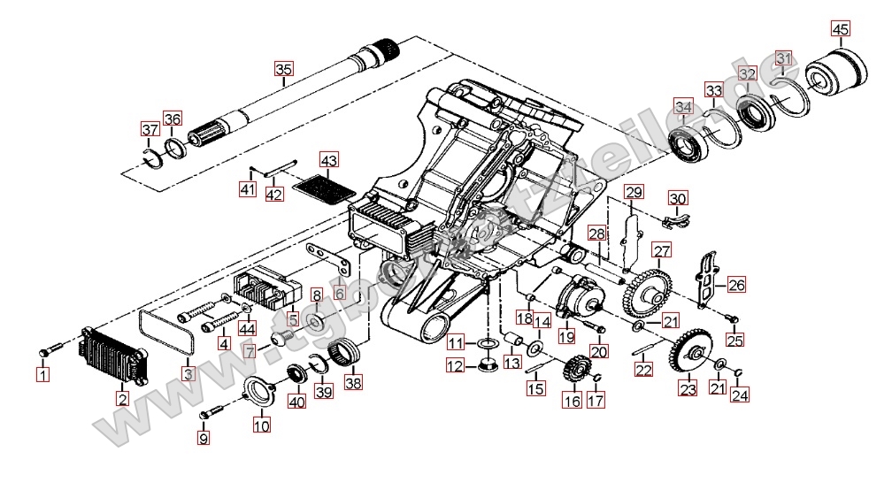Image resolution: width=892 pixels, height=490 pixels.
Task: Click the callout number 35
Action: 282,70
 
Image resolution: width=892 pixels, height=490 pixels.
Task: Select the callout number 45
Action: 840,29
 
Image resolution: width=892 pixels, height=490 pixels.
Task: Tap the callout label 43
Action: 329,161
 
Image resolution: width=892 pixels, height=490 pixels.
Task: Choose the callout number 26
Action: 736,285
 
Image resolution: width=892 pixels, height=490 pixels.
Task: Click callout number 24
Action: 740,395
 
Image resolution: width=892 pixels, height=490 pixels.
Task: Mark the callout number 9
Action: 204,437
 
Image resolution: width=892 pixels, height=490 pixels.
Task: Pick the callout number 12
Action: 455,365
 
